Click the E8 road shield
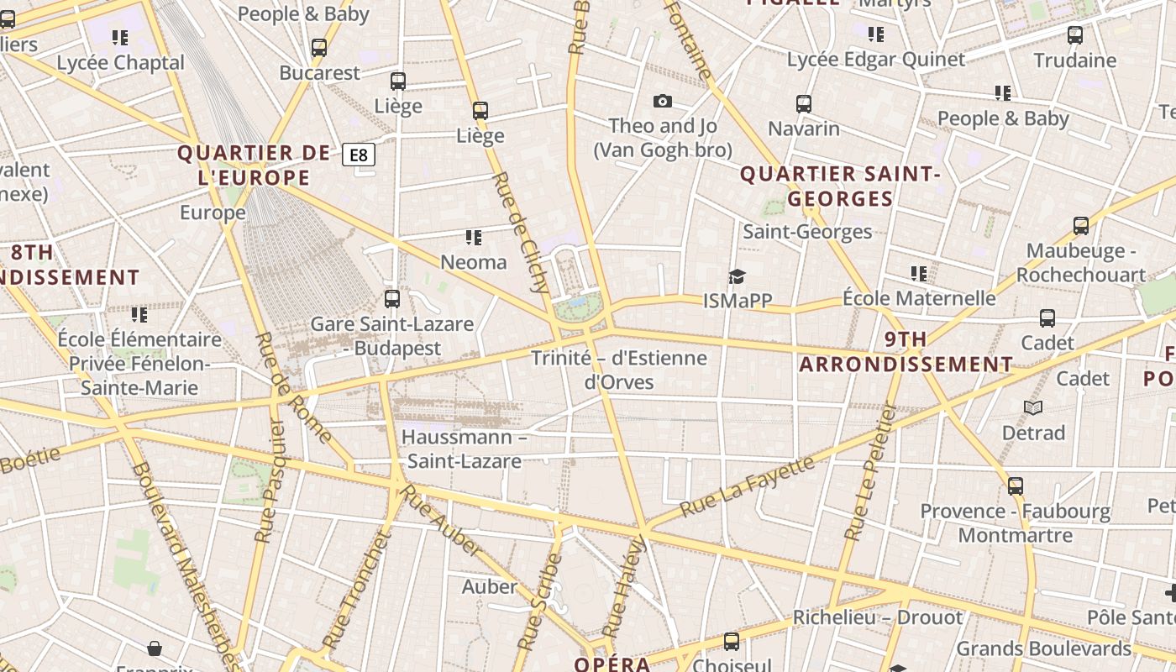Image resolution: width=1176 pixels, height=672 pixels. (359, 155)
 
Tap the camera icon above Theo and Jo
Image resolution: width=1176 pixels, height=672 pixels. (663, 101)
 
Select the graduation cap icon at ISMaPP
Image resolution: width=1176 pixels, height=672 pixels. (737, 276)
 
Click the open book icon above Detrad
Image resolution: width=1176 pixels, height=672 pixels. (1033, 407)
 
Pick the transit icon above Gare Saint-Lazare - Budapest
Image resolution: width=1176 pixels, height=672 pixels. (391, 298)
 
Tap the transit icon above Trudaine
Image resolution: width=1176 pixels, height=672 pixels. (1075, 35)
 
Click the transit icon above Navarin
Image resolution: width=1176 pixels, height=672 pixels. (804, 104)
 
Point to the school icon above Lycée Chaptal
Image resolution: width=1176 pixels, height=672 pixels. (120, 38)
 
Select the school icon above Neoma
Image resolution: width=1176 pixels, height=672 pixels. (474, 238)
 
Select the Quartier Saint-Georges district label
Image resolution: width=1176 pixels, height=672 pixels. (839, 186)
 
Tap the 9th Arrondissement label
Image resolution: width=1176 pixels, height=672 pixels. (906, 352)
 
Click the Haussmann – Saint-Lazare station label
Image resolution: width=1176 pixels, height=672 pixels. (464, 449)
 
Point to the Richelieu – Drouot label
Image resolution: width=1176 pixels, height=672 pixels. (878, 617)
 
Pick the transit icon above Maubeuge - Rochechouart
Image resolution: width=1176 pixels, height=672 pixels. (1081, 226)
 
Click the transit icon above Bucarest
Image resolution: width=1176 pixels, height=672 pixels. (319, 48)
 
